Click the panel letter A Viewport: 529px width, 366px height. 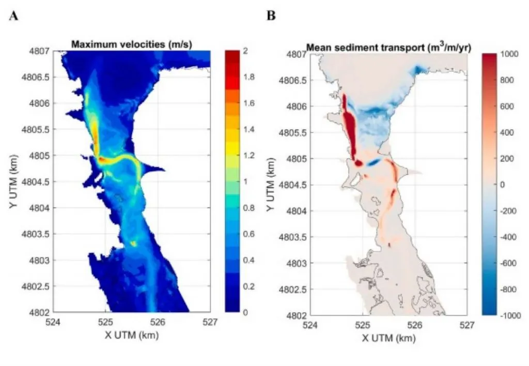coord(14,16)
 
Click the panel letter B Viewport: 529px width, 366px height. coord(271,16)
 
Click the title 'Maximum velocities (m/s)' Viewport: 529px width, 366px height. coord(132,45)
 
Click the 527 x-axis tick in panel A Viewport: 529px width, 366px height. coord(210,322)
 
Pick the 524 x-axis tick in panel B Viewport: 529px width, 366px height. coord(310,325)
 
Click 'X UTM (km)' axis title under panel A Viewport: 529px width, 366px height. coord(131,334)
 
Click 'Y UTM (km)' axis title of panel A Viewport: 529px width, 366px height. coord(14,181)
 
